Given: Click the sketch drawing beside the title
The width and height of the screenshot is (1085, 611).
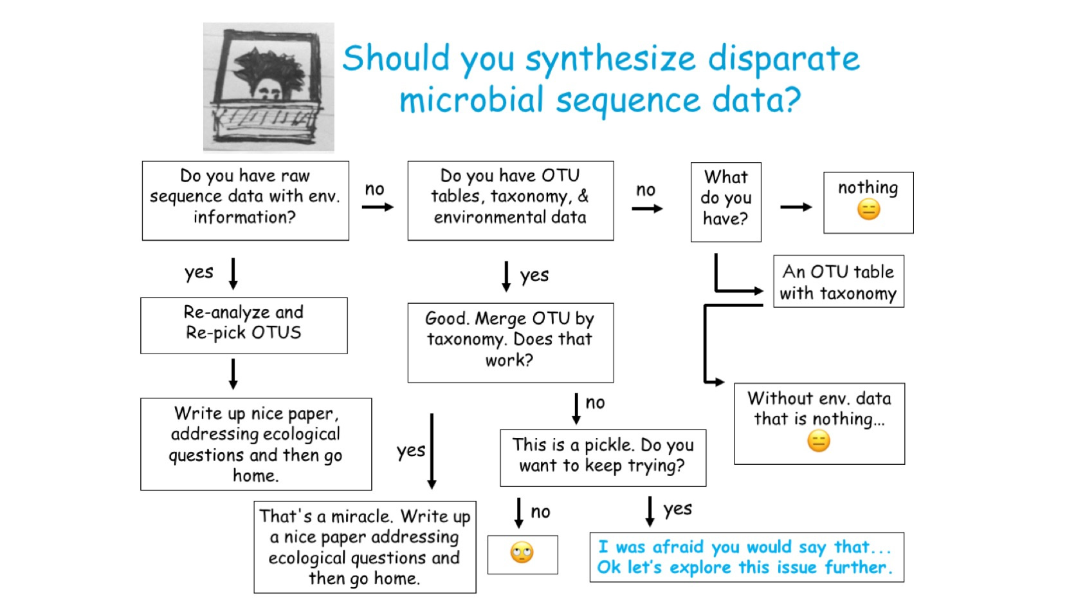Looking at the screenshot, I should [268, 87].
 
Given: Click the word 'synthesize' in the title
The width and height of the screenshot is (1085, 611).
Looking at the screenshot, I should [610, 59].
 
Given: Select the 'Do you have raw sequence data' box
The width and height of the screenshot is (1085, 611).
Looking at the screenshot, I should [245, 201].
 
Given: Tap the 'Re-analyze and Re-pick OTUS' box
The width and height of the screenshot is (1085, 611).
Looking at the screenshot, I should [244, 325].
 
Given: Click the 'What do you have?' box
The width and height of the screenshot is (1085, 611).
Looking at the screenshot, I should [725, 202].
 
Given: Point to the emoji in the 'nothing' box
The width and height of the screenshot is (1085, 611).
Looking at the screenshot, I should [868, 209].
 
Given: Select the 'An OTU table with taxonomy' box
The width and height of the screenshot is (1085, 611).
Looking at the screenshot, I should [838, 281].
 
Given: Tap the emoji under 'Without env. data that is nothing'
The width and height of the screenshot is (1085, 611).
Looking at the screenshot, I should [819, 441].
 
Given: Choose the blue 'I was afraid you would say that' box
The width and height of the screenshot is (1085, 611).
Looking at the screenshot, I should [746, 557].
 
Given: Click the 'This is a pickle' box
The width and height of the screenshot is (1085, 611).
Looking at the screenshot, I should [603, 457].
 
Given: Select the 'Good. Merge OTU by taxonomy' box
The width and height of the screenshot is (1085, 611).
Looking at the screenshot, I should [510, 343].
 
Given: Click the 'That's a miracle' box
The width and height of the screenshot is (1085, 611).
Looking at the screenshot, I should [365, 547].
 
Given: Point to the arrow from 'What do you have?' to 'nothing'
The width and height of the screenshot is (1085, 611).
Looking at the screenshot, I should [796, 207].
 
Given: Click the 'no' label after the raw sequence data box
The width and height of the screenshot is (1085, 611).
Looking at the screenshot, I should [374, 189].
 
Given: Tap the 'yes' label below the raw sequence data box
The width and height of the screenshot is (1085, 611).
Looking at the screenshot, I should [199, 272].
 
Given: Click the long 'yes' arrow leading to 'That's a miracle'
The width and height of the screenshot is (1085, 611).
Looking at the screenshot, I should [432, 451].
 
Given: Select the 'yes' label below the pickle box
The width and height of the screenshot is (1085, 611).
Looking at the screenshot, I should [678, 509].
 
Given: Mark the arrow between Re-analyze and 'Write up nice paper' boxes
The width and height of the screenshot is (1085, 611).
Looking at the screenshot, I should [233, 374].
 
